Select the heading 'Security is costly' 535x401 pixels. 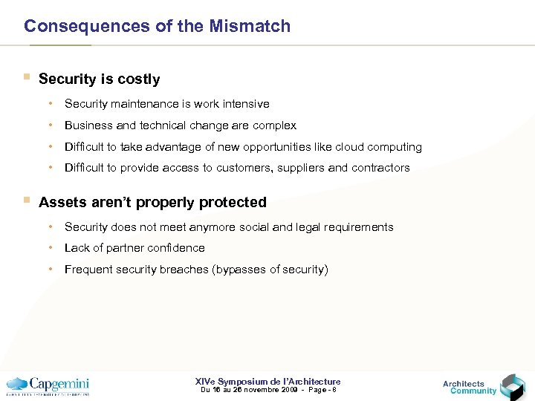pyautogui.click(x=99, y=79)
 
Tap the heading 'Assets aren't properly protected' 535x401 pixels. pyautogui.click(x=152, y=202)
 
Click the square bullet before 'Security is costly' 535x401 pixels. pyautogui.click(x=27, y=77)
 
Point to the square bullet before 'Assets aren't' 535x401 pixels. pyautogui.click(x=27, y=200)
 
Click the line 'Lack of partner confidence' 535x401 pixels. pyautogui.click(x=134, y=248)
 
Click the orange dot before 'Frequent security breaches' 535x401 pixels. pyautogui.click(x=51, y=269)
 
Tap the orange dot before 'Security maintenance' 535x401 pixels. pyautogui.click(x=51, y=103)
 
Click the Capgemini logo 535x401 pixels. pyautogui.click(x=48, y=385)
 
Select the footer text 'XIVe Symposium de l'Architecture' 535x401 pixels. pyautogui.click(x=267, y=382)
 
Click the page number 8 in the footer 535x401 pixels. pyautogui.click(x=335, y=390)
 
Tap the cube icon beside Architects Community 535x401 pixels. pyautogui.click(x=512, y=386)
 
